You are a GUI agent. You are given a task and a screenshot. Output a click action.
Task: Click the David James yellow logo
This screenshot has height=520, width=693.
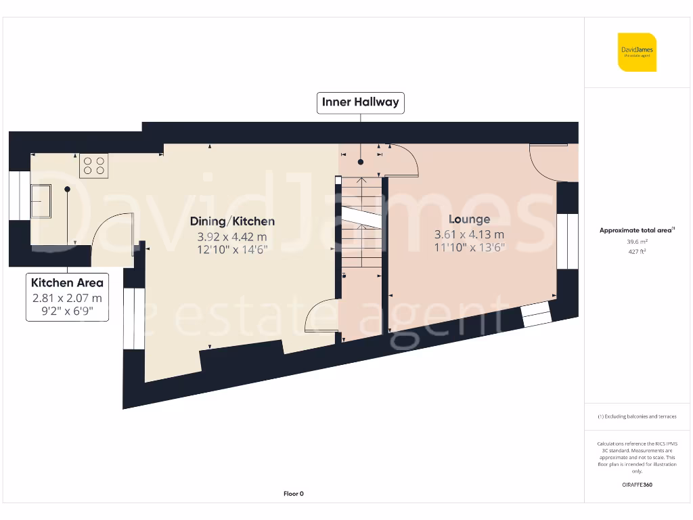pos(637,52)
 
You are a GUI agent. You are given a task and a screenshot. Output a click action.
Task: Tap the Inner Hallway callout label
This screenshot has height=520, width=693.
pos(360,103)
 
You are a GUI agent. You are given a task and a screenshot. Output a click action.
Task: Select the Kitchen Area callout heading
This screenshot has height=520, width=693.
pos(67,282)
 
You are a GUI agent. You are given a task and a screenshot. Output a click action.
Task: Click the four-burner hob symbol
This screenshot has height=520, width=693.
pos(94,165)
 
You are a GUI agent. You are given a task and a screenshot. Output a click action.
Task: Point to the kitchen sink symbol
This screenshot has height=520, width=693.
pos(41,200)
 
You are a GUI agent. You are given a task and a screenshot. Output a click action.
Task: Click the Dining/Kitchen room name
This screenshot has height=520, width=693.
pos(232,221)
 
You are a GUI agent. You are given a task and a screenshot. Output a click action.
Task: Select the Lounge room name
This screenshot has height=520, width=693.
pos(469,219)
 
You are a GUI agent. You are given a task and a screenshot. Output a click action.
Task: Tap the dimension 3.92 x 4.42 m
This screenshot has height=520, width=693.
pos(232,236)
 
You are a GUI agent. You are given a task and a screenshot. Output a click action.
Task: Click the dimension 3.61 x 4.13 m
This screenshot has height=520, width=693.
pos(469,235)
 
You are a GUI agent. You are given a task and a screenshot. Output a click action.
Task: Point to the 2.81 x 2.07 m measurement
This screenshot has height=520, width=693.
pos(67,298)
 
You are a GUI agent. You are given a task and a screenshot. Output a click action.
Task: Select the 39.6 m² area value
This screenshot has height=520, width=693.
pos(636,241)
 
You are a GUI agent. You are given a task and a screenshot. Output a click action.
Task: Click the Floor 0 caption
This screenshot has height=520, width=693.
pos(293,494)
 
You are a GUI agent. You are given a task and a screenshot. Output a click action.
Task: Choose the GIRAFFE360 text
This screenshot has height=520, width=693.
pos(636,485)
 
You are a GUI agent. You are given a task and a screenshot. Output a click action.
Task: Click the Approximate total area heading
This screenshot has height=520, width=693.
pos(636,230)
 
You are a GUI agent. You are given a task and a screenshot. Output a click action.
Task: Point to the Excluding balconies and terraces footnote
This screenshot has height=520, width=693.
pos(636,416)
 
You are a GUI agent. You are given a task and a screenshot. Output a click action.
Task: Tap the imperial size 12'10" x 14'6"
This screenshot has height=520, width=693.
pos(232,250)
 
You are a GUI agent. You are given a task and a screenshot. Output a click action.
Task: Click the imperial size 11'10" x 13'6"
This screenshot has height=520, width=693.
pos(469,248)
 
